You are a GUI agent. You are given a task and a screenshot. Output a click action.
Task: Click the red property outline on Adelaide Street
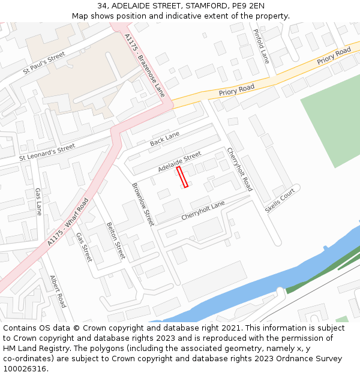tap(182, 177)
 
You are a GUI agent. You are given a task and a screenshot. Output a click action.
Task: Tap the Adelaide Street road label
tap(179, 162)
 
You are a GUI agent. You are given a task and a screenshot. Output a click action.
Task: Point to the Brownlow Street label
tap(143, 204)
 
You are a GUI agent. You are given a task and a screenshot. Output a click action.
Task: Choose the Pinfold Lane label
tap(261, 46)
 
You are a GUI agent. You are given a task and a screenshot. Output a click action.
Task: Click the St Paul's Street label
tap(44, 63)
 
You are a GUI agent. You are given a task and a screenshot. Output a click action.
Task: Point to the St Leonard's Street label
tap(47, 152)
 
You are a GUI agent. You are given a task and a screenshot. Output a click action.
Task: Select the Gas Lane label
tap(38, 202)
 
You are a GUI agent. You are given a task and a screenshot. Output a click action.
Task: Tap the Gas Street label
tap(84, 247)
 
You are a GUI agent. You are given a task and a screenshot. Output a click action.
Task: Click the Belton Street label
tap(115, 241)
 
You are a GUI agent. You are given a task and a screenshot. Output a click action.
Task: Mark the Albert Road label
tap(58, 292)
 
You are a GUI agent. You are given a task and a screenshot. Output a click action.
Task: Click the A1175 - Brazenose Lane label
tap(145, 65)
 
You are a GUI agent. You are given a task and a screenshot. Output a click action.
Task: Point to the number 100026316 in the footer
tap(24, 368)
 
